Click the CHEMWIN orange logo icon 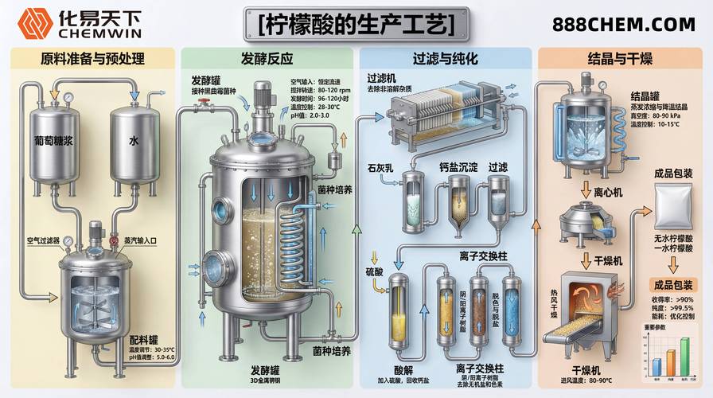click(x=33, y=23)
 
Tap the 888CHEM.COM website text click(x=622, y=25)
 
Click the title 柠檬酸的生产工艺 click(x=356, y=24)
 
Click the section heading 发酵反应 click(x=267, y=59)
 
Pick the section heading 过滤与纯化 click(x=445, y=59)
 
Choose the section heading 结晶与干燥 click(x=623, y=59)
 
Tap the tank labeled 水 click(x=134, y=143)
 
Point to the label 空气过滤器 click(x=42, y=240)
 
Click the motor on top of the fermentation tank click(x=262, y=98)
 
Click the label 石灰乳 click(x=380, y=168)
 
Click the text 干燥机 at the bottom click(x=590, y=372)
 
